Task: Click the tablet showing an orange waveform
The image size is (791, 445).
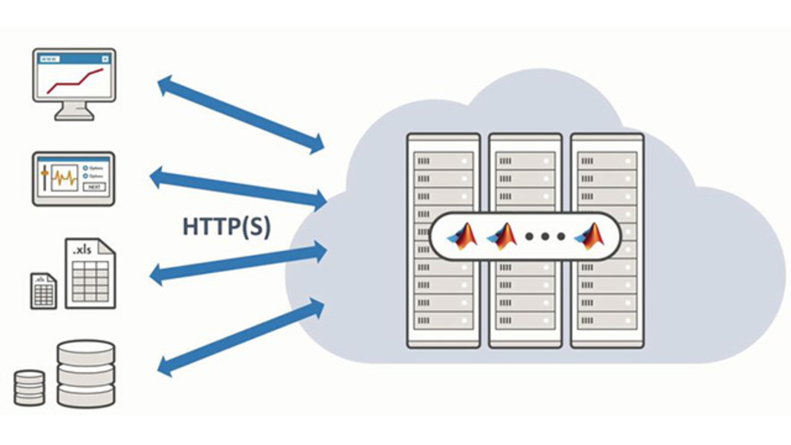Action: coord(74,179)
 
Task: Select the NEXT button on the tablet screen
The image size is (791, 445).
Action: coord(94,187)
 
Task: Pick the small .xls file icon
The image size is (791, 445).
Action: coord(44,291)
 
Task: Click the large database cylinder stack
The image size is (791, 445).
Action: coord(86,373)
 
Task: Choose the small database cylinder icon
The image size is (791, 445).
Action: coord(30,388)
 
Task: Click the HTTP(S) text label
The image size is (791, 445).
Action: coord(226,226)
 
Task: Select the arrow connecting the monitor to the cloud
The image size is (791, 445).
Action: coord(241,114)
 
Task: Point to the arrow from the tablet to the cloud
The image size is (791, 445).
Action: coord(239,188)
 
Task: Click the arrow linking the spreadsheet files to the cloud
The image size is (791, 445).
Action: coord(239,263)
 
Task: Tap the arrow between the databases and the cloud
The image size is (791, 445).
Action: coord(241,337)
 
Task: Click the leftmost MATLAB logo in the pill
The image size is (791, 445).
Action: coord(463,235)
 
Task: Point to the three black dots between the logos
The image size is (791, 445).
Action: coord(544,236)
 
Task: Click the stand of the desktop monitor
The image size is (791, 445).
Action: coord(74,111)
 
